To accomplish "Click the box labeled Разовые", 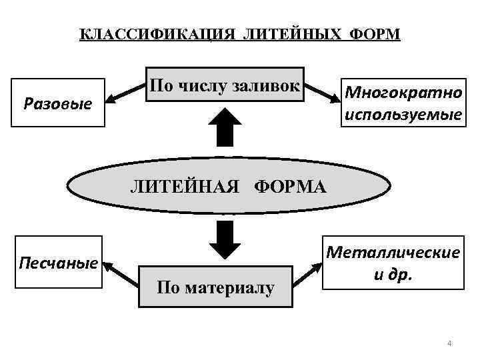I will point(57,103).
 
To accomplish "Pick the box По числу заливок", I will point(225,85).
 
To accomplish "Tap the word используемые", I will point(401,115).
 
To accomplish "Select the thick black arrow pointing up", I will point(225,128).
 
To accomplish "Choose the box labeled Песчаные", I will point(59,263).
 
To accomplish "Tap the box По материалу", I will point(215,287).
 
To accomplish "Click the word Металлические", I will point(401,253).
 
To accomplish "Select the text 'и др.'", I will point(400,274).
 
